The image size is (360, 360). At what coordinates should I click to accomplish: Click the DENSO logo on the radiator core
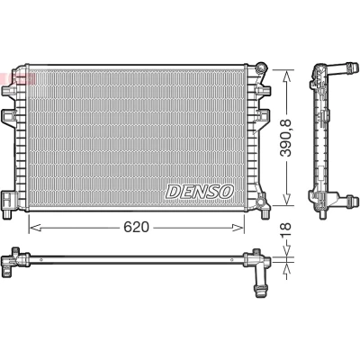click(x=200, y=192)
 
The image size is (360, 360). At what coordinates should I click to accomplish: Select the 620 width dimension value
click(x=136, y=228)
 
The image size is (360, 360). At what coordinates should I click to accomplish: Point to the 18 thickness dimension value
click(x=287, y=230)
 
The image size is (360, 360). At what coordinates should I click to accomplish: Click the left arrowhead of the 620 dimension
click(x=35, y=228)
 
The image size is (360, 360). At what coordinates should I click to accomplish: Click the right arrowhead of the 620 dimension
click(x=238, y=228)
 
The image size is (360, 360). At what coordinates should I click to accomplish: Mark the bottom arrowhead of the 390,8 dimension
click(x=287, y=199)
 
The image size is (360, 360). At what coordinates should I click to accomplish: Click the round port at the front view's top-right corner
click(x=262, y=67)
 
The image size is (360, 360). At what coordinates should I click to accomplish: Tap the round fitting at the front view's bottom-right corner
click(x=261, y=200)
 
